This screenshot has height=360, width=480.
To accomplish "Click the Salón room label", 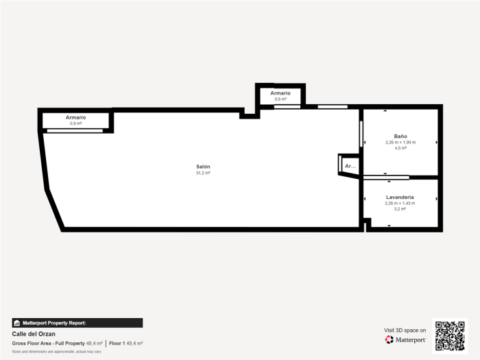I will click(x=203, y=167).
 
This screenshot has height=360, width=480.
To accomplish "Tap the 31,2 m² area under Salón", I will click(x=203, y=173).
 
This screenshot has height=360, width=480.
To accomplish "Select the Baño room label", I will click(x=400, y=136).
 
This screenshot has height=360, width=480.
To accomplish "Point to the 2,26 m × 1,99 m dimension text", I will click(x=400, y=142).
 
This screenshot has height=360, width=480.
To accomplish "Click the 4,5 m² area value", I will click(x=400, y=148).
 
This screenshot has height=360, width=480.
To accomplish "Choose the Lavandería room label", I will click(x=400, y=197).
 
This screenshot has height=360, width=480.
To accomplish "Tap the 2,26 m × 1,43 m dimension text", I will click(x=400, y=203).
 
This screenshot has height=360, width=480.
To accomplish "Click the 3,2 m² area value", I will click(x=400, y=208).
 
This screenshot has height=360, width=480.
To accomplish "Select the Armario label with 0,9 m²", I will click(x=75, y=117).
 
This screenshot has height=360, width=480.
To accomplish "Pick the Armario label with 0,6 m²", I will click(x=280, y=93).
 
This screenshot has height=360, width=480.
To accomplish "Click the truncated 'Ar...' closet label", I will click(x=350, y=166).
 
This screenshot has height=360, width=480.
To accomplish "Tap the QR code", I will click(x=450, y=335).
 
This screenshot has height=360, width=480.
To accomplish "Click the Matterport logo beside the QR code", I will click(x=405, y=339).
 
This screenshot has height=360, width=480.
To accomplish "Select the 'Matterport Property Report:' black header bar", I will click(x=77, y=322).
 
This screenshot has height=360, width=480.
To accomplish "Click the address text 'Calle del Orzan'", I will click(x=34, y=334).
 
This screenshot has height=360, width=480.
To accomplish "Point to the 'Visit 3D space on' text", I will click(x=405, y=330).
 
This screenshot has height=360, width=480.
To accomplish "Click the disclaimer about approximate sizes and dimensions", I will click(x=57, y=351).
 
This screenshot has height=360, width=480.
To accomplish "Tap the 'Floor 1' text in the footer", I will click(x=117, y=343).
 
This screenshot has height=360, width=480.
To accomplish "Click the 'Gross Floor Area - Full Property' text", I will click(x=48, y=343).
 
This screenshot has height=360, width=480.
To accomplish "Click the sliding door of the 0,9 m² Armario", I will click(x=75, y=130).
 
